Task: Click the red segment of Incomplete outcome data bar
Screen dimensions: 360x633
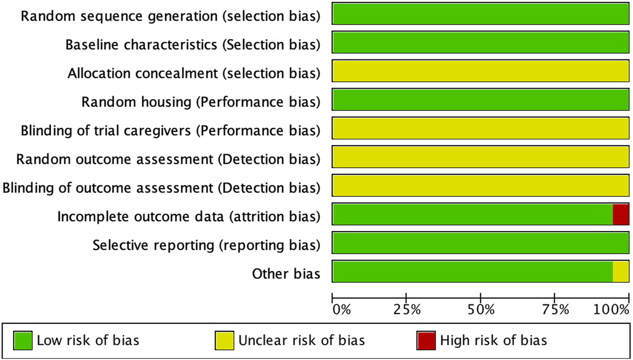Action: [x=621, y=214]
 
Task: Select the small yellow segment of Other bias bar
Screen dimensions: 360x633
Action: [x=621, y=271]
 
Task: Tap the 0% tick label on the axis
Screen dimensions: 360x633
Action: [x=341, y=310]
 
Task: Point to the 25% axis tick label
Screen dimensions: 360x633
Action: [x=407, y=310]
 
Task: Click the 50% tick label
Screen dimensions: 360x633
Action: [x=481, y=310]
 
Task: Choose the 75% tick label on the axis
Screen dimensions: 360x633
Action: [x=555, y=310]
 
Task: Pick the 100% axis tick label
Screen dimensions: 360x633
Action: [x=611, y=310]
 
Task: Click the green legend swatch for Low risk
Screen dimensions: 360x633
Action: [x=23, y=341]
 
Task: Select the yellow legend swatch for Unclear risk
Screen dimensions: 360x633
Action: [x=225, y=341]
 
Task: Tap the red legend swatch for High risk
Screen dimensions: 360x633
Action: [x=426, y=341]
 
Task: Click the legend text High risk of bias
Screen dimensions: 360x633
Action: [x=493, y=341]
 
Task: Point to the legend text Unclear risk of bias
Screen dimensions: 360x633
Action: [x=301, y=341]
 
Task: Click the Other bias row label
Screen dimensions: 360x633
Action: [x=286, y=274]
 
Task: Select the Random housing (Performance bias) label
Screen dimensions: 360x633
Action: [x=200, y=102]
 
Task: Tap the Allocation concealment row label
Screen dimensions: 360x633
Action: [x=194, y=73]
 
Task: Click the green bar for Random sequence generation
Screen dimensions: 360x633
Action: [x=481, y=14]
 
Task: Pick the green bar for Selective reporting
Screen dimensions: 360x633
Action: [x=481, y=243]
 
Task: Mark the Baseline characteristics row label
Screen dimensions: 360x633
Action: [x=192, y=45]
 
